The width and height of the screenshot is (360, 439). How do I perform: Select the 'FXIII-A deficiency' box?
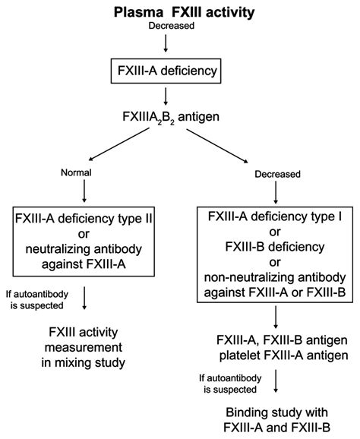(167, 74)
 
